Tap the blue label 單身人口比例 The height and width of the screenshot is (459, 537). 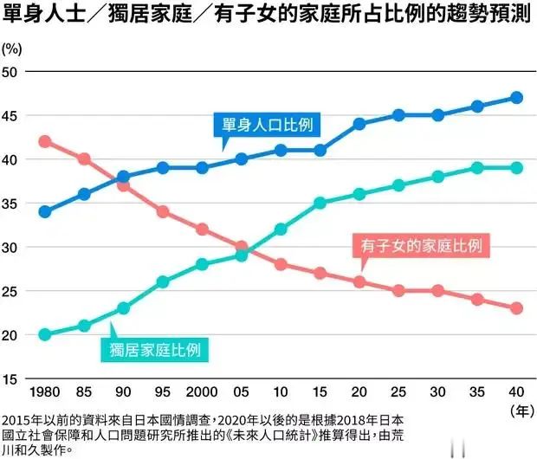click(266, 125)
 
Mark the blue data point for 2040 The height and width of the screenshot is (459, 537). click(516, 98)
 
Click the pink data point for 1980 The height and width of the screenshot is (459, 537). click(45, 141)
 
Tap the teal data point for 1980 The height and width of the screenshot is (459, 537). click(45, 334)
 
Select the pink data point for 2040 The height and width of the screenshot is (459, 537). click(516, 308)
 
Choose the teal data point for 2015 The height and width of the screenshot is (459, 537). click(320, 203)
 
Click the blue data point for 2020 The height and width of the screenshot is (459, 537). click(359, 124)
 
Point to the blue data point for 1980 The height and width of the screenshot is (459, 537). click(45, 211)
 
